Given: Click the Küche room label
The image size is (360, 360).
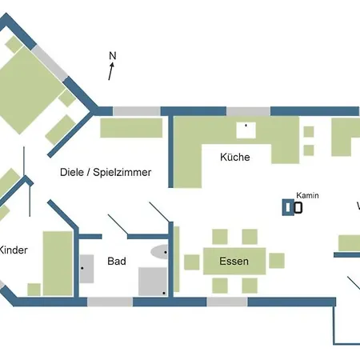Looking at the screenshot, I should point(235,158).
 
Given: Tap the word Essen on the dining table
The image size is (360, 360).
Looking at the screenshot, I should point(233,262).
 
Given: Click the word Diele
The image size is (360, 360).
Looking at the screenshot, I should point(74,172).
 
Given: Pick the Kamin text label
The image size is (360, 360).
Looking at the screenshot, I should point(307,195).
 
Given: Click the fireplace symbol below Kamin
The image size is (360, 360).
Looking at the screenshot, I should point(293,208).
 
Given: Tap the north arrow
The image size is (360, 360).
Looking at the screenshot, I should point(110,72).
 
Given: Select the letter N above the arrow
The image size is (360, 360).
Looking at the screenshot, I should point(112,56).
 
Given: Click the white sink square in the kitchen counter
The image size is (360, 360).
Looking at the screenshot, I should point(242,127).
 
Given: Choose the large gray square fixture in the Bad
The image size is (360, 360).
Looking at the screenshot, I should point(152,282).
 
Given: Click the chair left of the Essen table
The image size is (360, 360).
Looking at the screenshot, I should point(191,262).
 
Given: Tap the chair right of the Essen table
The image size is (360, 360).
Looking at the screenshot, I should point(277,261).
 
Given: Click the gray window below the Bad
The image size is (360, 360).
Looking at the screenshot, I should point(110,302).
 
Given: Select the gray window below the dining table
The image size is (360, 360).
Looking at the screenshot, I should point(227,302).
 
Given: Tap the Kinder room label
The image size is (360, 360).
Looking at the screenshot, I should point(13,250).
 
